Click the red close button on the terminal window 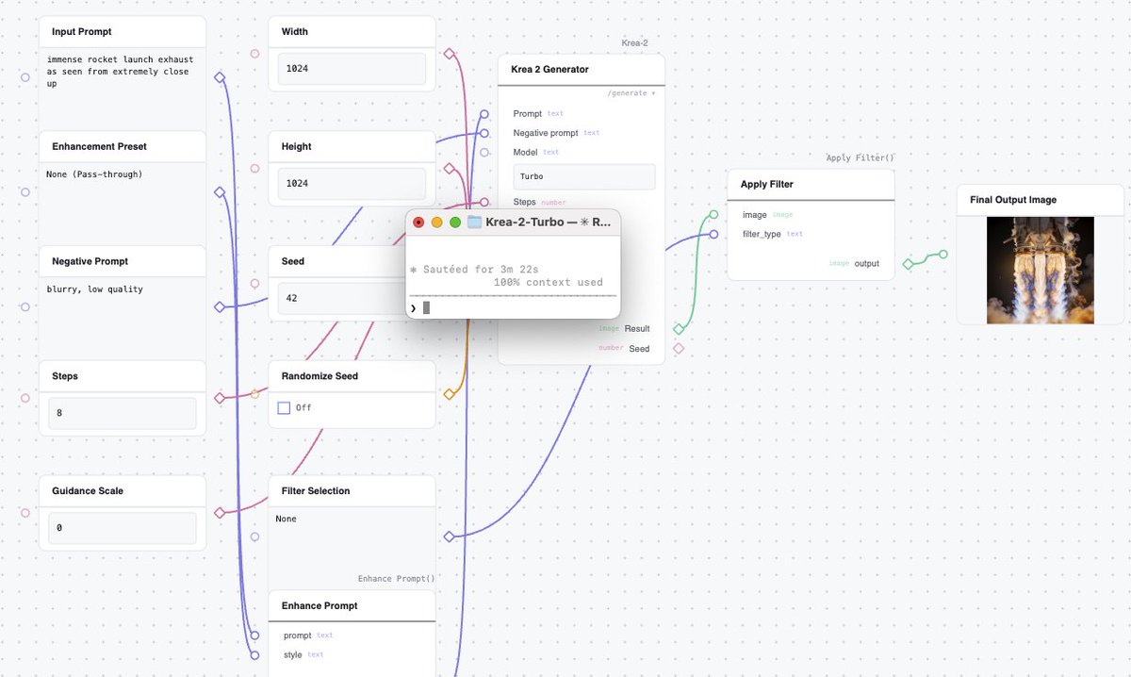(418, 223)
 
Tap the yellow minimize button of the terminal (436, 223)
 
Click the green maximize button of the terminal (455, 223)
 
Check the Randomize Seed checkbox (284, 407)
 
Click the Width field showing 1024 (352, 69)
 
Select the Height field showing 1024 (352, 184)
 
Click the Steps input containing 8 (123, 413)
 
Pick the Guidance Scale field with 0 (123, 528)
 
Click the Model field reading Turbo (584, 176)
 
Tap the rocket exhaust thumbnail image (1041, 271)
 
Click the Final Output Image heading (1013, 200)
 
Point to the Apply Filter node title (766, 185)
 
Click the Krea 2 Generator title (549, 69)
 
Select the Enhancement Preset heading (99, 146)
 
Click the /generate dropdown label (631, 93)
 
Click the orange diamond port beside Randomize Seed (449, 394)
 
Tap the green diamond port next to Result (679, 329)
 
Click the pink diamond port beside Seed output (679, 349)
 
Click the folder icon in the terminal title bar (474, 222)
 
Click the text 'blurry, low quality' (94, 289)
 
